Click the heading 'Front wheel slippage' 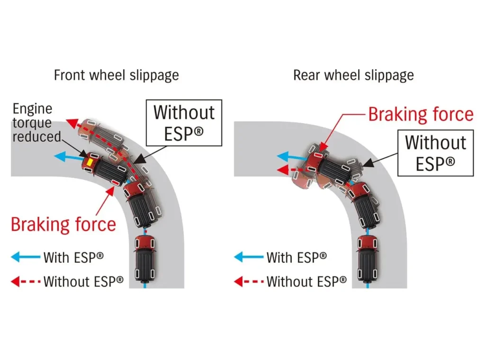116,75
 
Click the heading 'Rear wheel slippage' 353,75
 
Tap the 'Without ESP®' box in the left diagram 184,122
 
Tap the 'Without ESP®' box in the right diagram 435,152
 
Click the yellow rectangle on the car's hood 89,162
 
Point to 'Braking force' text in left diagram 63,224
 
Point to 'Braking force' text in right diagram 421,114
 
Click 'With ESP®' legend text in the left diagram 73,257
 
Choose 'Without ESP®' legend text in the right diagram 306,281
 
